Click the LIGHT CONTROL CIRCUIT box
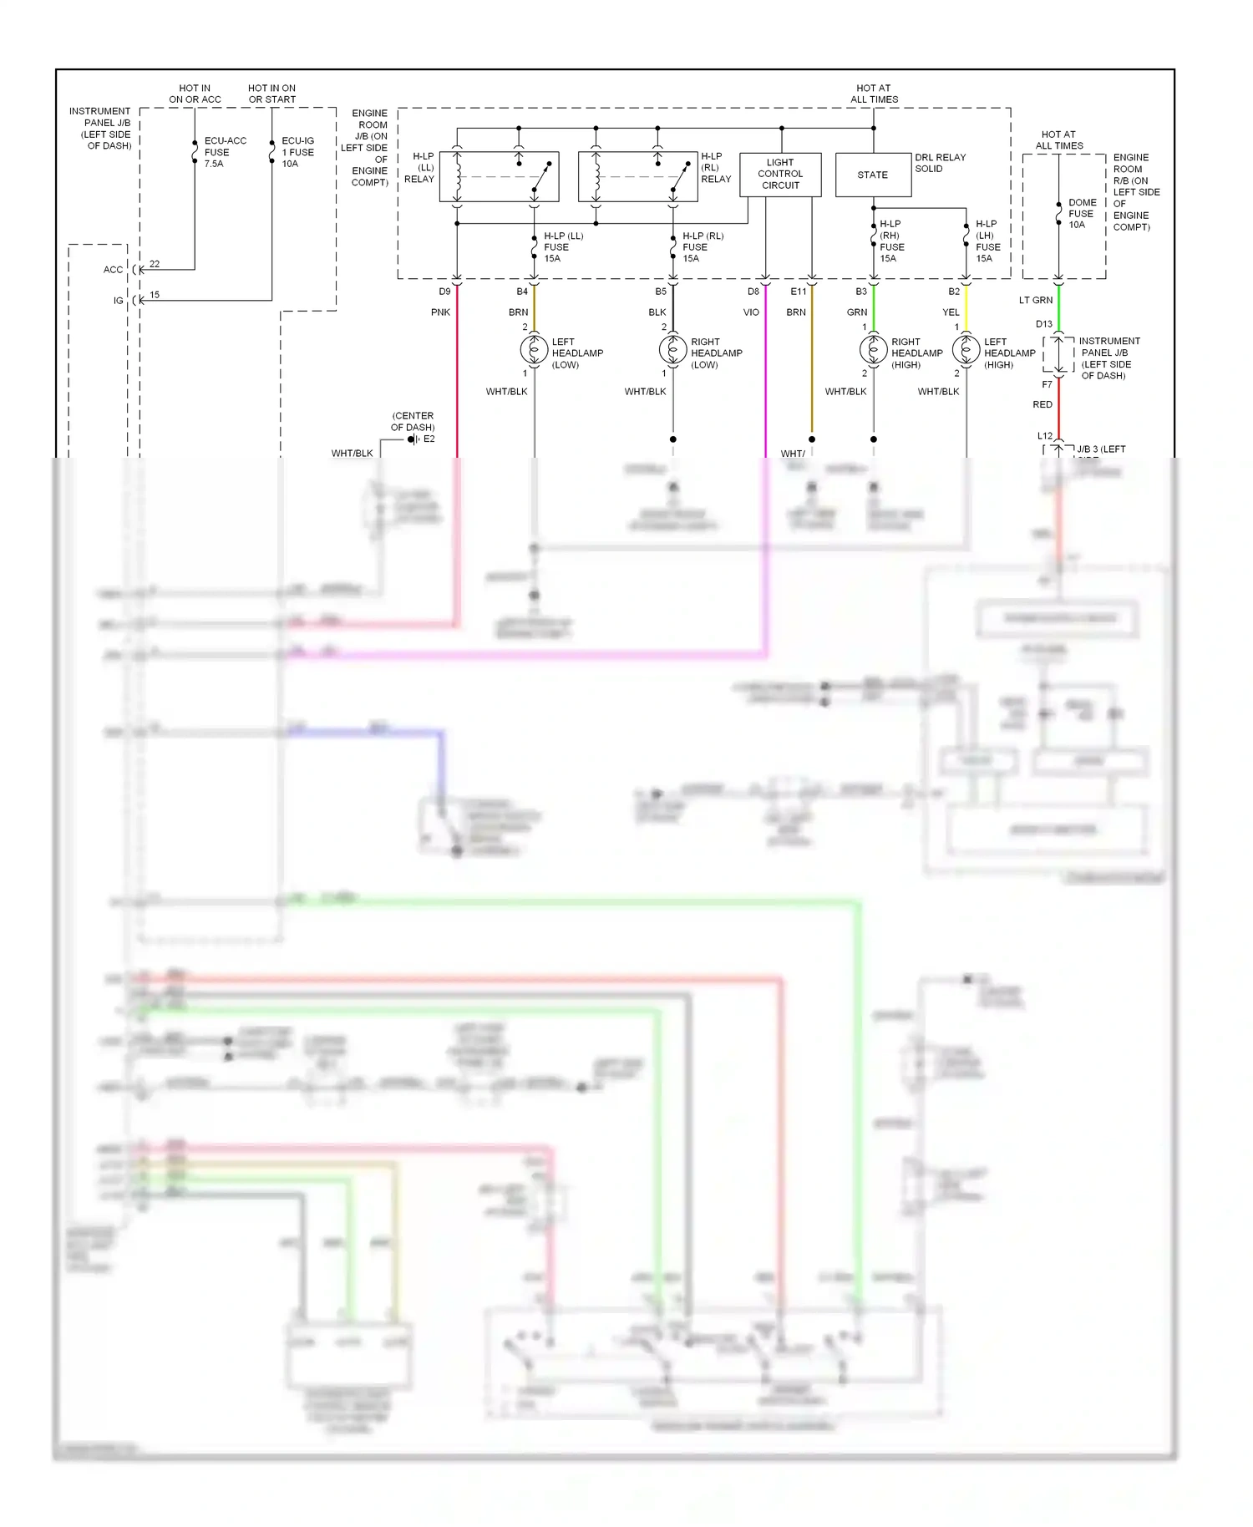[780, 175]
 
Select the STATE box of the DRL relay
[873, 175]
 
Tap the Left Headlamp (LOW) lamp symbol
[535, 349]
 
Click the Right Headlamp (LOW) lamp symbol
[673, 349]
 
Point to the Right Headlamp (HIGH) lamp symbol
[874, 349]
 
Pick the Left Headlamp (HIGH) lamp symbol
[966, 349]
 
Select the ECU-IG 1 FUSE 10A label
[297, 152]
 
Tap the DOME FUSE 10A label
[1081, 214]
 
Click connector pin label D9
[444, 292]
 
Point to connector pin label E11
[799, 292]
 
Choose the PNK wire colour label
[440, 312]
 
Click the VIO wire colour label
[751, 312]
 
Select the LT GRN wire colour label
[1036, 300]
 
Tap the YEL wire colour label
[951, 312]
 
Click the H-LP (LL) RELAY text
[420, 168]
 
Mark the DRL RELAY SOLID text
[940, 163]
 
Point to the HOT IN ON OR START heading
[271, 94]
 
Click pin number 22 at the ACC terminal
[155, 264]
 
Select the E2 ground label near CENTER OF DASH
[429, 439]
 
